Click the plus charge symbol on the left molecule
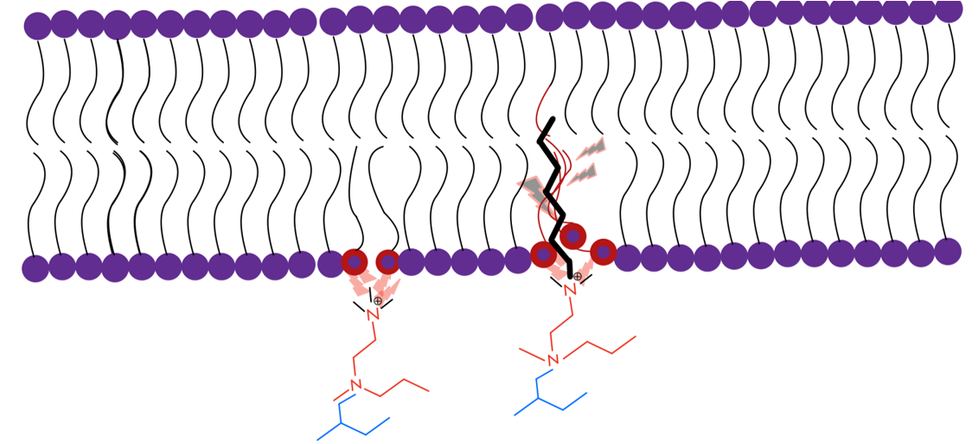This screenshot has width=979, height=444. (x=377, y=300)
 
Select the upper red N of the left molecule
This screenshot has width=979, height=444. (x=374, y=314)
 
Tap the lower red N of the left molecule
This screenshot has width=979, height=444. (x=355, y=385)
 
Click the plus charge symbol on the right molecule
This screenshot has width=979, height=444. (x=578, y=276)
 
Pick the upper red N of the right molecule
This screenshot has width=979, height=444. (x=570, y=290)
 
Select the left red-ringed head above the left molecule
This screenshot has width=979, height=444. (x=354, y=261)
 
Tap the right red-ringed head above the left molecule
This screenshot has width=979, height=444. (x=388, y=261)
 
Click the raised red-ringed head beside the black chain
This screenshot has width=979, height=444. (x=572, y=235)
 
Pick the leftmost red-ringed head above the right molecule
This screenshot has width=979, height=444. (x=543, y=254)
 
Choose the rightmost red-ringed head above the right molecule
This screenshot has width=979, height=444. (x=604, y=252)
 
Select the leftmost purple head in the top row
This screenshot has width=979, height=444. (x=37, y=25)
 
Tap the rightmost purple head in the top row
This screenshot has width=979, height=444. (x=949, y=9)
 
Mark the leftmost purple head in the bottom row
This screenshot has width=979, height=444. (x=35, y=268)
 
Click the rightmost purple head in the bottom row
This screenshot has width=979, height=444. (x=948, y=251)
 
